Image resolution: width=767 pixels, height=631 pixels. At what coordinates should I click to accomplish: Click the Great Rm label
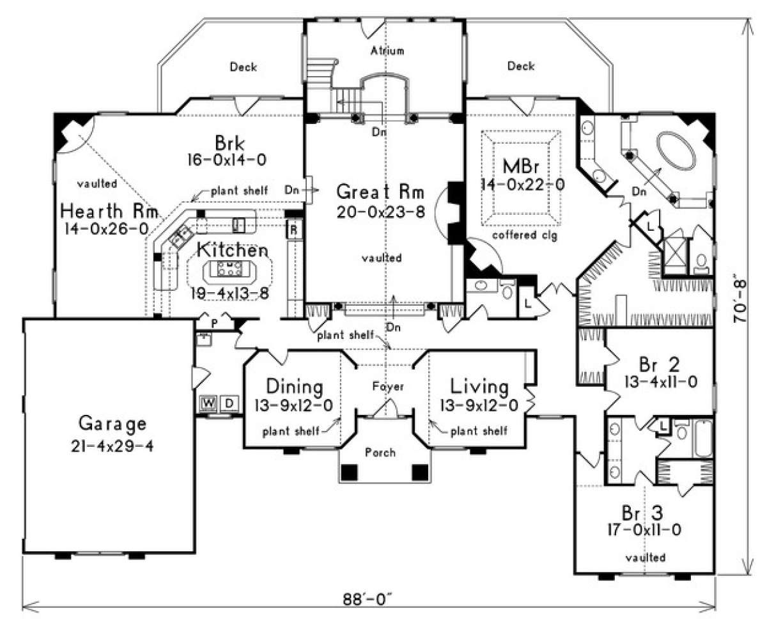click(380, 192)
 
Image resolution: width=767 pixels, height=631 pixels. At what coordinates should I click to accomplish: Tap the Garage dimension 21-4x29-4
click(112, 446)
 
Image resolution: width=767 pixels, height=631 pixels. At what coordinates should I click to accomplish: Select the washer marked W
click(208, 403)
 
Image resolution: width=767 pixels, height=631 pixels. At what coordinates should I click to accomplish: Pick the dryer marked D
click(229, 403)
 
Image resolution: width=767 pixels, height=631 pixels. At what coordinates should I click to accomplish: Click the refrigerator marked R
click(293, 230)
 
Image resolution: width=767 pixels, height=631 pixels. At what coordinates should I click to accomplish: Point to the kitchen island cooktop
click(229, 269)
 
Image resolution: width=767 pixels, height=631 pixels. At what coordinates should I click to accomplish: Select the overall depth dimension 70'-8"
click(740, 300)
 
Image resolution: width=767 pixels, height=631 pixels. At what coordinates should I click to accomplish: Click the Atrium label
click(387, 51)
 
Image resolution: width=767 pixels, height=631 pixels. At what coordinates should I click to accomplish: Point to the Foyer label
click(388, 386)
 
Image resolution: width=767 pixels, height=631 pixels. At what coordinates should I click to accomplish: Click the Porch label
click(380, 453)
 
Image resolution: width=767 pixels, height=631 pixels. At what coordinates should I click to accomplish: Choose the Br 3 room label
click(642, 513)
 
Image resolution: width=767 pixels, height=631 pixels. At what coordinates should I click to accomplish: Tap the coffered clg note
click(524, 235)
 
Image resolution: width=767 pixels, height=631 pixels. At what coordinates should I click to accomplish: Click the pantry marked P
click(215, 323)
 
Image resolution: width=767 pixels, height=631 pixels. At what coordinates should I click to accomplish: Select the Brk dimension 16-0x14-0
click(226, 160)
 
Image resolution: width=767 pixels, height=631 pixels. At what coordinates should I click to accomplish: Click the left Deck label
click(244, 67)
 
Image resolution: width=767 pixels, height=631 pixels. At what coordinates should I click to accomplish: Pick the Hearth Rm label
click(109, 212)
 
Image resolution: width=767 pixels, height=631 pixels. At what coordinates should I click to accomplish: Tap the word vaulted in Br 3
click(645, 557)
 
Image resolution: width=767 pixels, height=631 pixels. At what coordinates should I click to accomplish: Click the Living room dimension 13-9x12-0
click(479, 405)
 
